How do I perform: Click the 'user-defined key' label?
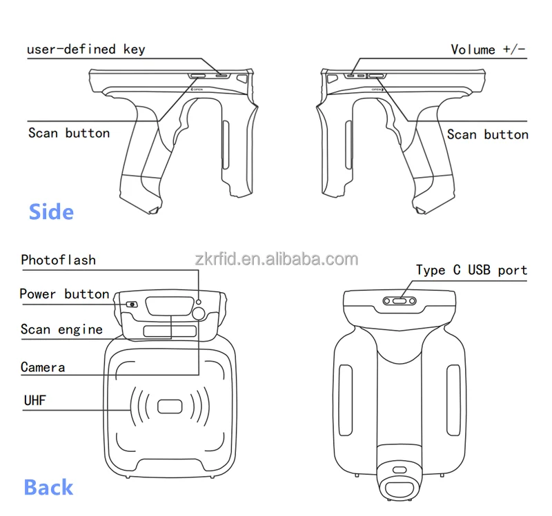point(86,50)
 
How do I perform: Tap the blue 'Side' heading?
point(51,211)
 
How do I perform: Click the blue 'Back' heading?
point(48,487)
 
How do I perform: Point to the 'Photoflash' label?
point(58,260)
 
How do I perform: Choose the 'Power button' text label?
point(64,294)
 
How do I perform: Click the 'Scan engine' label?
point(61,329)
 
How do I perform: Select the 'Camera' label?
point(43,367)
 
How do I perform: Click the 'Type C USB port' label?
point(471,270)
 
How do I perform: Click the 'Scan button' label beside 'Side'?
point(69,133)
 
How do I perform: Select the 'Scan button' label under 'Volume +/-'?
point(487,134)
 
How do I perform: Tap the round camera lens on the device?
point(199,314)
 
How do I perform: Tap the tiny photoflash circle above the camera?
point(199,301)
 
